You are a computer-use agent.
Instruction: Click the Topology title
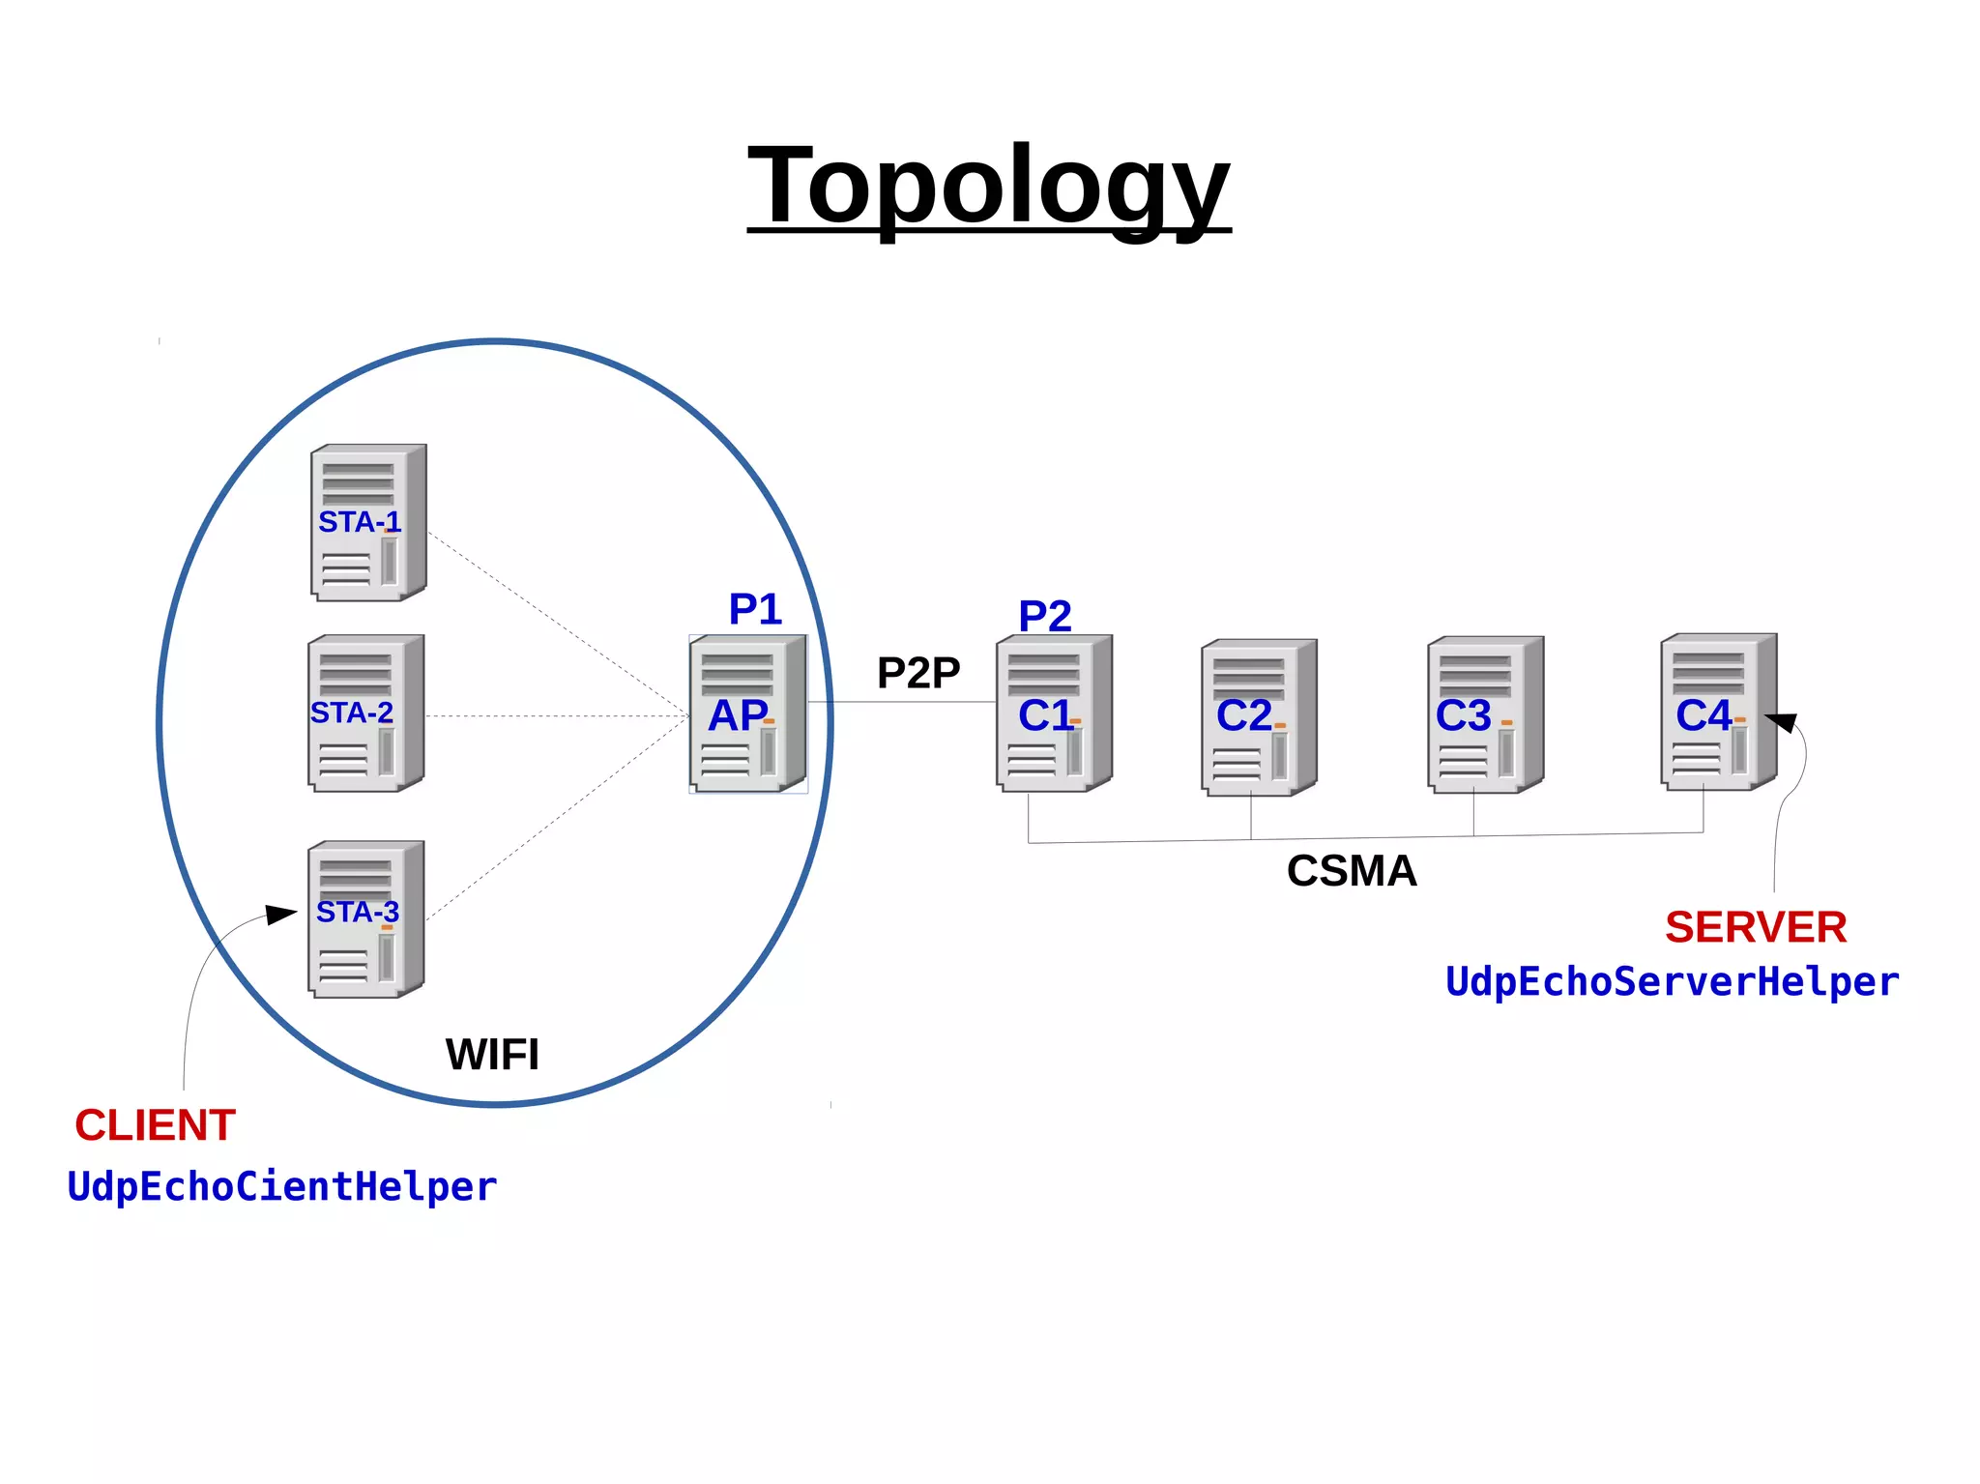click(988, 185)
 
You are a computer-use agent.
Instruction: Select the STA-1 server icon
click(368, 523)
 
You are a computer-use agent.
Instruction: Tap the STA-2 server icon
click(365, 713)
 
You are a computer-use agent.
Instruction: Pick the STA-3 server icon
click(365, 919)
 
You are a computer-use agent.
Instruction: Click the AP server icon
click(747, 714)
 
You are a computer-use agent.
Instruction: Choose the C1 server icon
click(1054, 713)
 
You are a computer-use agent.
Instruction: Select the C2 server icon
click(1259, 717)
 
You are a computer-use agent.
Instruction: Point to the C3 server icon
click(1485, 714)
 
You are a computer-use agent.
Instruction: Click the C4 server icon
click(1718, 713)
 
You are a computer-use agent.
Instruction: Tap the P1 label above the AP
click(755, 609)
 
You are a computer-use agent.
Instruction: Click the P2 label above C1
click(1045, 616)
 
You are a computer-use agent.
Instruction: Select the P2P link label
click(918, 673)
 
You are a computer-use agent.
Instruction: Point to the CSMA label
click(1352, 871)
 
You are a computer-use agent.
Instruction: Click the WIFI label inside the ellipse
click(492, 1055)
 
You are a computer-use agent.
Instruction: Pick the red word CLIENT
click(156, 1125)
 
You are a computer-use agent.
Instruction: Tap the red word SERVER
click(1756, 927)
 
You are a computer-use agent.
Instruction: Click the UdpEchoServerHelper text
click(1672, 982)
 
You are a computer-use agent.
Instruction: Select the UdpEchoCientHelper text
click(282, 1187)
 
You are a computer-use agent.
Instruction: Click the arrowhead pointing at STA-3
click(281, 914)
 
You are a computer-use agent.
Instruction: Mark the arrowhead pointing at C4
click(1782, 722)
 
